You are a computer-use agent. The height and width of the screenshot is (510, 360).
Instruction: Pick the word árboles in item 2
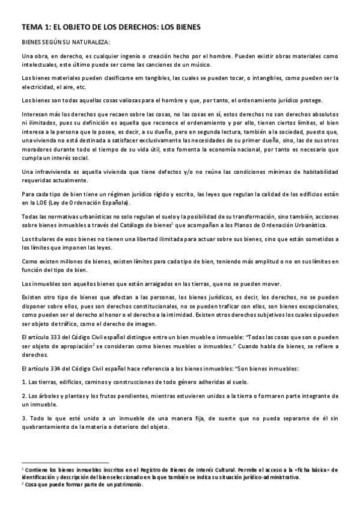pyautogui.click(x=45, y=396)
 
